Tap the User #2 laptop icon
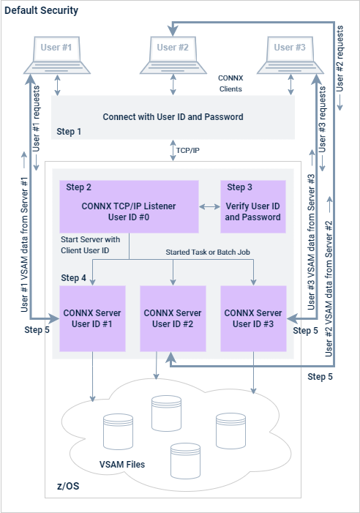click(173, 54)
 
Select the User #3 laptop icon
click(290, 54)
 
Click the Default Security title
click(41, 11)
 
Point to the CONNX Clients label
click(230, 83)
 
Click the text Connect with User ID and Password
click(173, 116)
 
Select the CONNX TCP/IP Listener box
click(129, 206)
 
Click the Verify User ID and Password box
click(253, 206)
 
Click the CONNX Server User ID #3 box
click(253, 318)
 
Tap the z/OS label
click(70, 487)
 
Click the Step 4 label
click(73, 277)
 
